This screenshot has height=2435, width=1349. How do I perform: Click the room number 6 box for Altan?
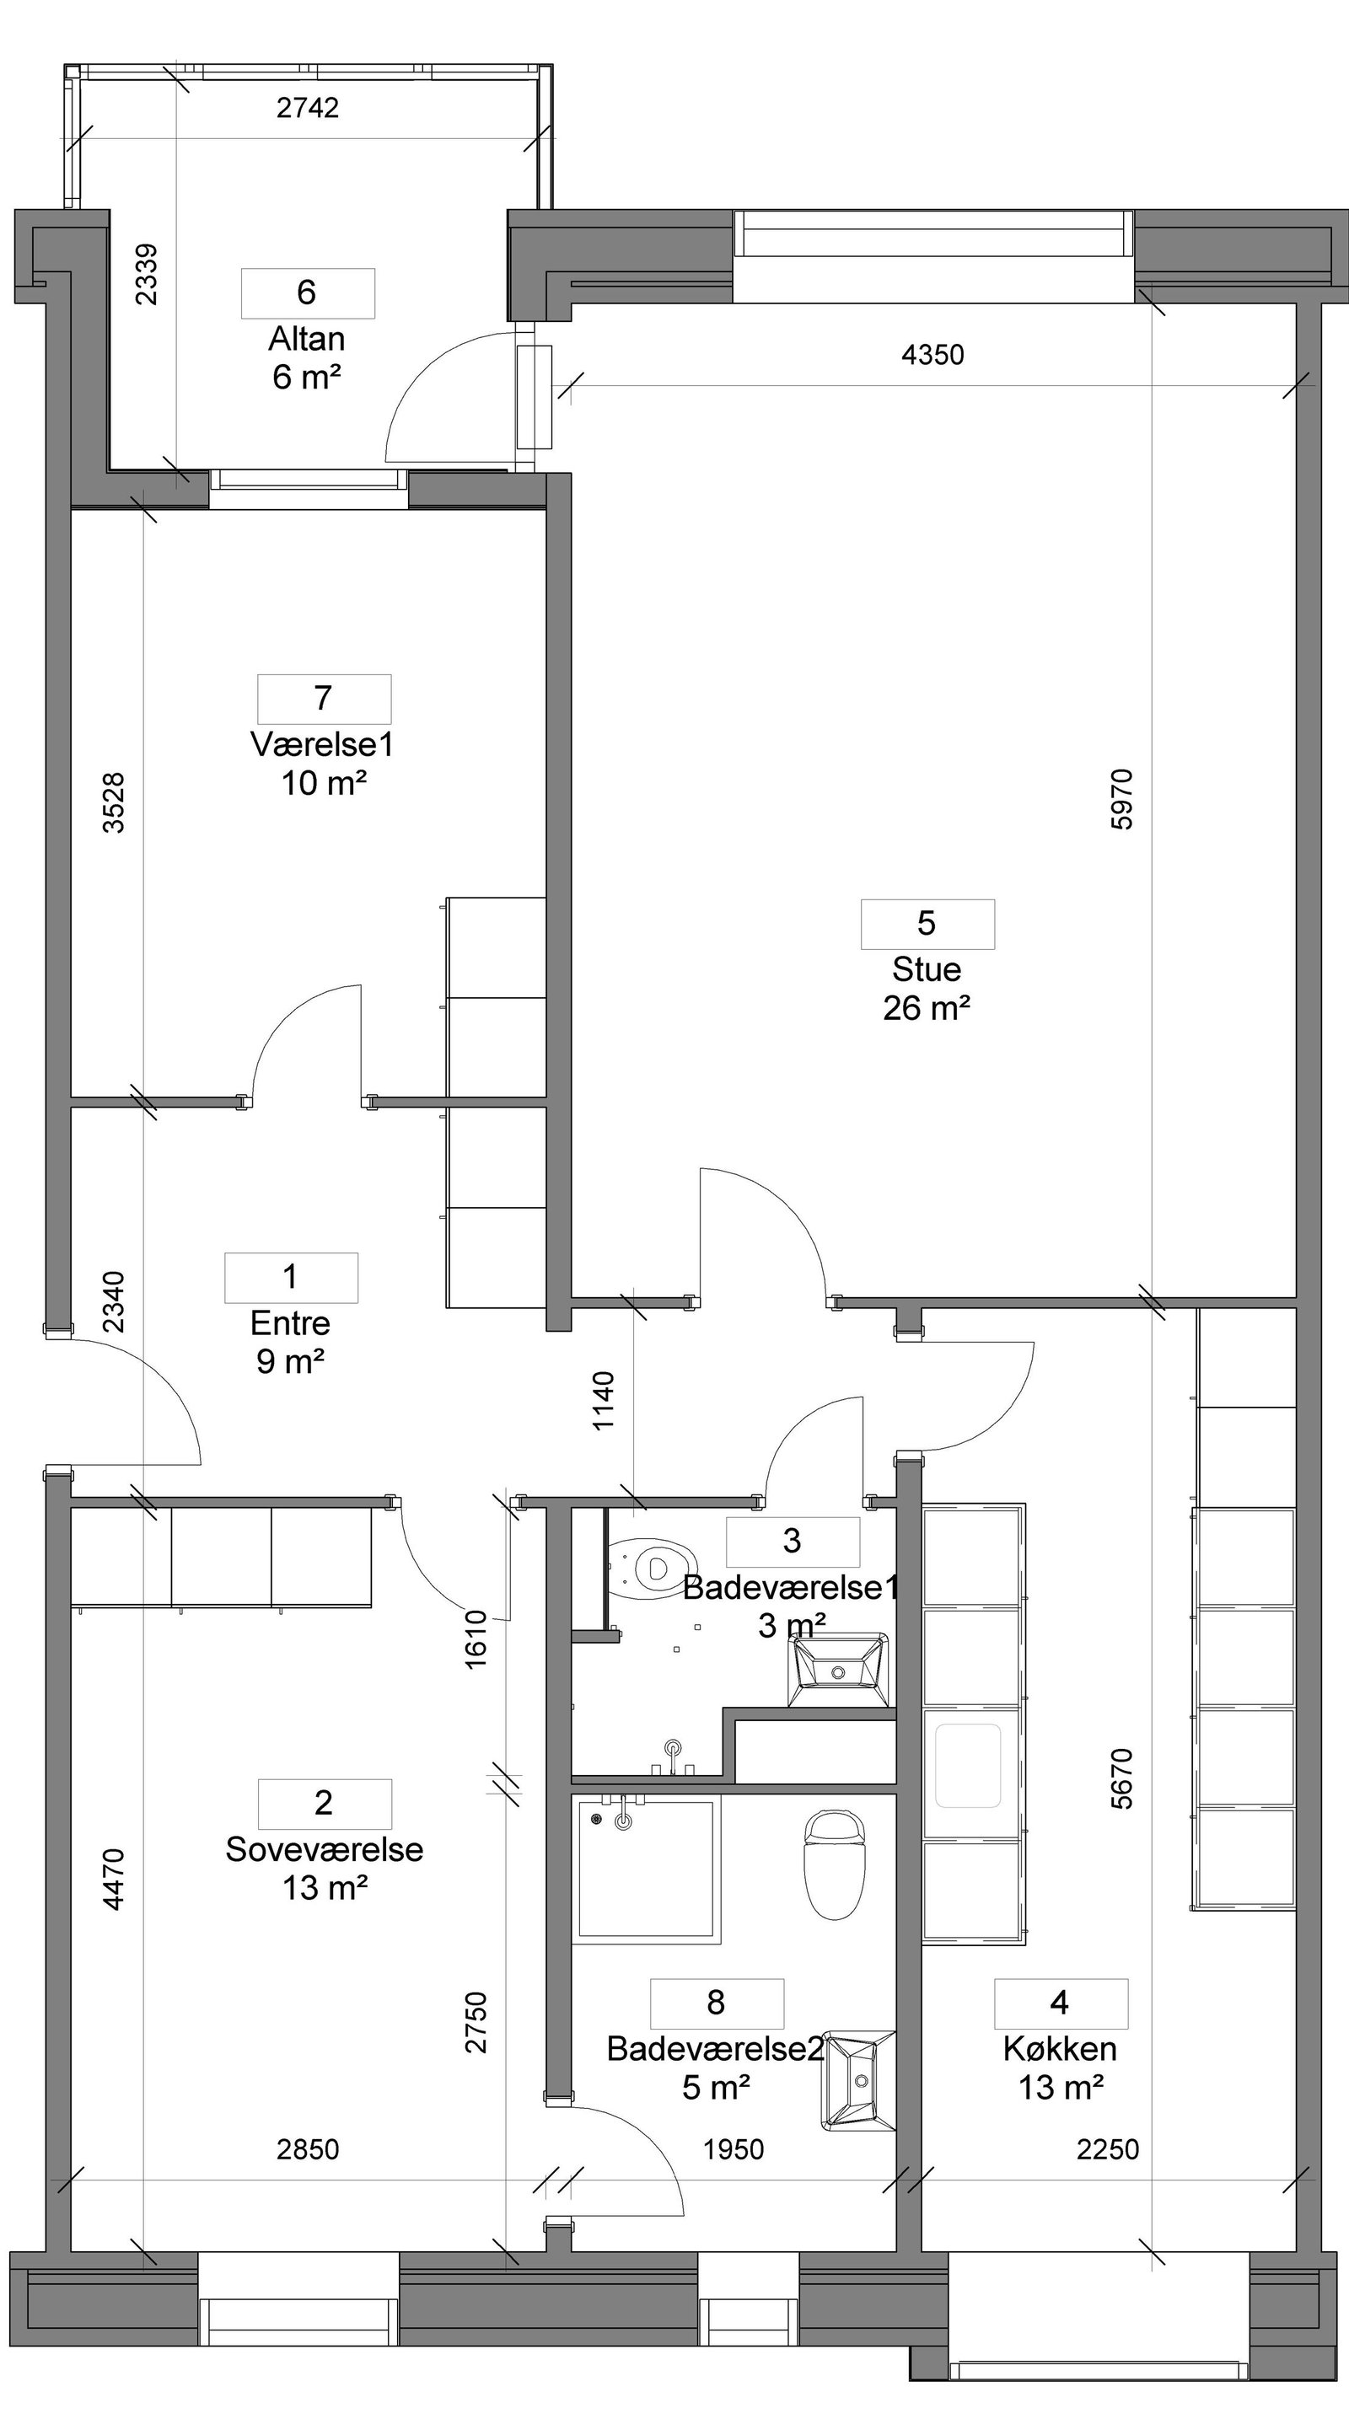[x=307, y=293]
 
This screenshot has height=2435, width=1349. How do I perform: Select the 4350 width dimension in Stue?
[x=933, y=355]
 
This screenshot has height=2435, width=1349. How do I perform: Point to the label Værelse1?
[x=322, y=744]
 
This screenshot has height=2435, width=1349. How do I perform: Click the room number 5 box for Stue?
[x=927, y=924]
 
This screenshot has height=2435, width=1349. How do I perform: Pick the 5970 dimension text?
[x=1121, y=800]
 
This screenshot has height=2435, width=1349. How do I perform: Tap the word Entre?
[x=290, y=1322]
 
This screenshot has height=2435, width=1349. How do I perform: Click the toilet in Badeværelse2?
[x=835, y=1864]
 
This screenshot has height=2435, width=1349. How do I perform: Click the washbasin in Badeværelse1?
[x=840, y=1670]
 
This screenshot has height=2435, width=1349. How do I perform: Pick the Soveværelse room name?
[x=325, y=1848]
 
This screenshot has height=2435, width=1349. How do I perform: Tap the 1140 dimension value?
[x=603, y=1401]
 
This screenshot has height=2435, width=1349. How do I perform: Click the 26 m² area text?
[x=927, y=1008]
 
